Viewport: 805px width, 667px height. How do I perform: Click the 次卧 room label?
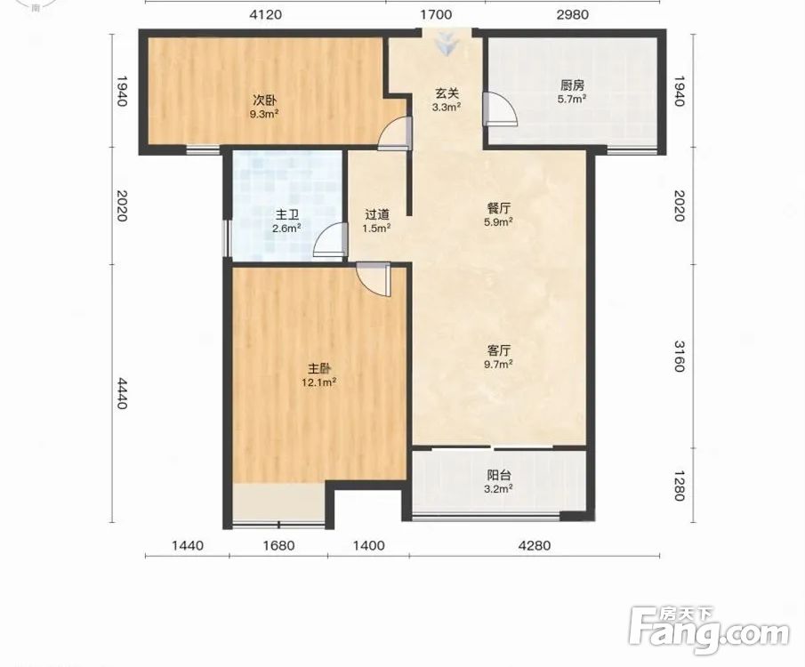coord(264,99)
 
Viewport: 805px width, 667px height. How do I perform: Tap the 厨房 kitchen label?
coord(572,85)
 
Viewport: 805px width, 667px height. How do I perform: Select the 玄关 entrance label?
coord(447,93)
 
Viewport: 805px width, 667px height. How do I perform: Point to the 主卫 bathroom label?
coord(287,214)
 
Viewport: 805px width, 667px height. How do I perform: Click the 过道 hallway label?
coord(377,214)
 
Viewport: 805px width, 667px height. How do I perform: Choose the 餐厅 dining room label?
coord(498,208)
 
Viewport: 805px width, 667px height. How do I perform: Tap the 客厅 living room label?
coord(498,350)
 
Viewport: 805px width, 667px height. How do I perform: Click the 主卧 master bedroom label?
coord(319,369)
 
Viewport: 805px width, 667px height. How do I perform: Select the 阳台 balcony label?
coord(498,476)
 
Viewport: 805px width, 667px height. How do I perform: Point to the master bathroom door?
coord(328,240)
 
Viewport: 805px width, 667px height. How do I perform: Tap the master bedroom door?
coord(374,280)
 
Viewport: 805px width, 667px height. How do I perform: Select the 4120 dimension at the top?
coord(265,14)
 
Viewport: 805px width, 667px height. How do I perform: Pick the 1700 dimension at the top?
coord(436,14)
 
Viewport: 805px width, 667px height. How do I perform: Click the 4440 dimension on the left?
coord(122,393)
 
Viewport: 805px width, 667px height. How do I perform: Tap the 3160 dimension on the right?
coord(679,356)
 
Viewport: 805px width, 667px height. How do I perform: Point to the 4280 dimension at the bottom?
coord(534,545)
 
